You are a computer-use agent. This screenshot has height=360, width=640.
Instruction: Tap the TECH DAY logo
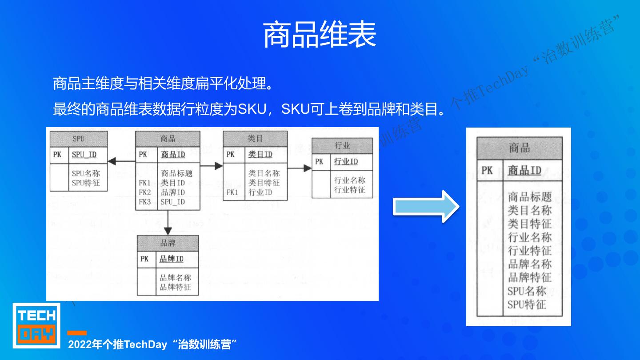point(36,325)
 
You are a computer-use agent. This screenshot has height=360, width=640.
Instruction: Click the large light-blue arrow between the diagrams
point(425,206)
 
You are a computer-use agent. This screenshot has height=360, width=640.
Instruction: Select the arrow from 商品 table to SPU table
point(121,161)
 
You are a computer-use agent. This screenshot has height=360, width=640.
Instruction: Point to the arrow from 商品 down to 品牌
point(168,223)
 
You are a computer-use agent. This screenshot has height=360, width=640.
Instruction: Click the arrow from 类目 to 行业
point(300,168)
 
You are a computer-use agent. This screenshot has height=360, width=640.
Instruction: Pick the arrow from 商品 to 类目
point(212,166)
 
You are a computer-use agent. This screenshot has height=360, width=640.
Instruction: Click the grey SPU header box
point(78,139)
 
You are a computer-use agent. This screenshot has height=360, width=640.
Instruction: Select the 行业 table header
point(342,146)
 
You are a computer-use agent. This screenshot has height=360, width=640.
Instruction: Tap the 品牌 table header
point(168,243)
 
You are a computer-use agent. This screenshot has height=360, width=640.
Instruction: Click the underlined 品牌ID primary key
point(171,259)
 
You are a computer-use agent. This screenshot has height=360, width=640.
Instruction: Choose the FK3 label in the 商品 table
point(145,202)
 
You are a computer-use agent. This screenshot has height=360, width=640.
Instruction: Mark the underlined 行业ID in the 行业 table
point(345,161)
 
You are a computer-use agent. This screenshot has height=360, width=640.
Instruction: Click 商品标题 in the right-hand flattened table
point(529,196)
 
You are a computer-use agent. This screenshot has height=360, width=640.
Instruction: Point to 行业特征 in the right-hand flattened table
point(529,251)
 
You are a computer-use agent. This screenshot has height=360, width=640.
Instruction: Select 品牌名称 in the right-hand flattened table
point(529,264)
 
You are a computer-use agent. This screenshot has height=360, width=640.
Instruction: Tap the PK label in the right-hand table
point(487,170)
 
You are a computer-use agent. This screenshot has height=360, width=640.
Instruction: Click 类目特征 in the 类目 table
point(264,183)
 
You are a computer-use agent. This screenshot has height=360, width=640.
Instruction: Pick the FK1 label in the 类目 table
point(232,192)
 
